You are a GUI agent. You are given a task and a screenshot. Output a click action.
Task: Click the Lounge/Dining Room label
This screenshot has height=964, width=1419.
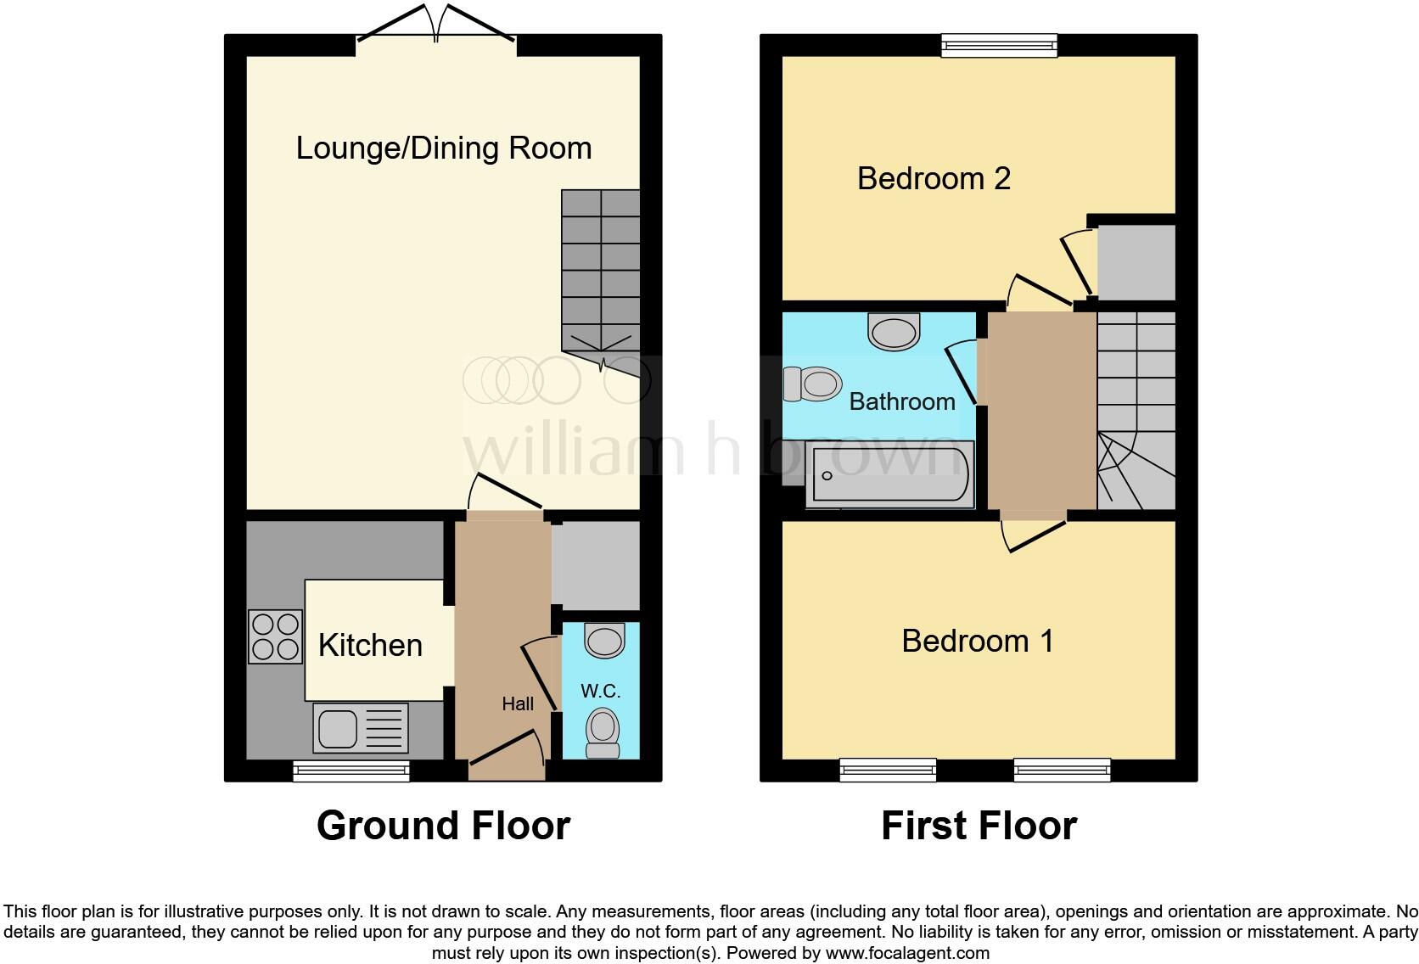click(x=443, y=149)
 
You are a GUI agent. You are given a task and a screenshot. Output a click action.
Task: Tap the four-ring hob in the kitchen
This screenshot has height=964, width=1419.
click(x=275, y=637)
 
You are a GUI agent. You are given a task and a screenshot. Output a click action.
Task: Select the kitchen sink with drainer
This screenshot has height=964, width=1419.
click(x=360, y=728)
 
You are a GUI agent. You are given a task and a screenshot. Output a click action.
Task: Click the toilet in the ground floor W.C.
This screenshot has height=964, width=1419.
click(x=603, y=732)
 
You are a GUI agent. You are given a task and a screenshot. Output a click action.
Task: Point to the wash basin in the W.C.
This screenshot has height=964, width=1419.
click(x=605, y=641)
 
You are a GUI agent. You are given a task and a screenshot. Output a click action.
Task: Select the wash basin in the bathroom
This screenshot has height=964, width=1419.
click(x=894, y=331)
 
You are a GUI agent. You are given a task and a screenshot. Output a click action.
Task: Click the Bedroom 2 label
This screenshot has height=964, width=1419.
click(x=934, y=179)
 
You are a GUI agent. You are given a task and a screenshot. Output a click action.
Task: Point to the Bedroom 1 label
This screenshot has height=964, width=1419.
click(x=978, y=641)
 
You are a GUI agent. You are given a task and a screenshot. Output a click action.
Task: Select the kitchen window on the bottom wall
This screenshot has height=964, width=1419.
click(x=351, y=771)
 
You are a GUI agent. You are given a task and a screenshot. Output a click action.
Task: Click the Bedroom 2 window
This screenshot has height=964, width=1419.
click(x=999, y=45)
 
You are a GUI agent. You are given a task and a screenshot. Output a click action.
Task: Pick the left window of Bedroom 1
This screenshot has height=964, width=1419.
click(x=888, y=770)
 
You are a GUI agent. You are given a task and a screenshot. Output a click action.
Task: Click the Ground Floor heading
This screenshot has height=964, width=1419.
click(x=443, y=826)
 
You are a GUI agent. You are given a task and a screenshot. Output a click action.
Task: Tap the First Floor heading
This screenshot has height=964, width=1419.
click(x=979, y=826)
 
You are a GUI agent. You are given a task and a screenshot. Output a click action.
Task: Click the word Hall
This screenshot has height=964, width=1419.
click(x=518, y=703)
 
